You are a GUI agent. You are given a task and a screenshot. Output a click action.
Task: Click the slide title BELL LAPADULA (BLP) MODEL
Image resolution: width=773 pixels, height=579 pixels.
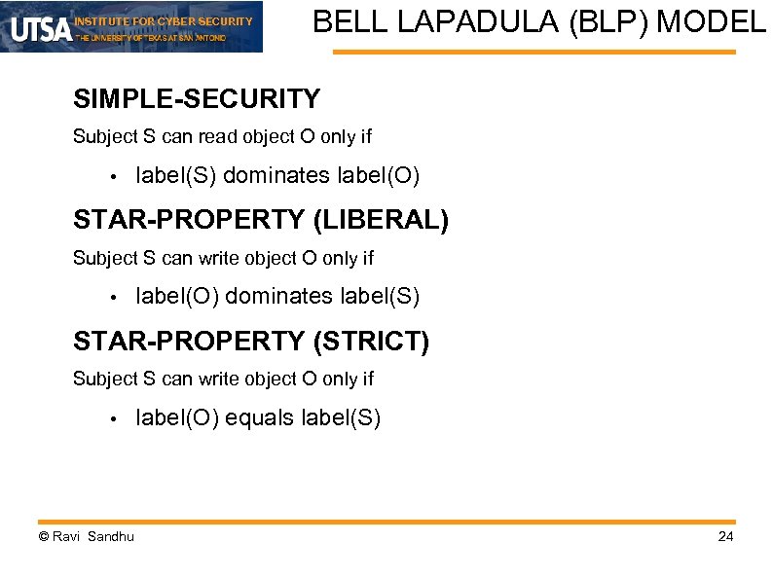click(539, 21)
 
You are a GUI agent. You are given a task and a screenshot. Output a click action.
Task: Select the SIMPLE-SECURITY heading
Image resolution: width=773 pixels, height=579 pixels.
click(196, 99)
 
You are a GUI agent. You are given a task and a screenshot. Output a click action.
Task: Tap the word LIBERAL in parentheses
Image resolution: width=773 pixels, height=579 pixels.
click(381, 220)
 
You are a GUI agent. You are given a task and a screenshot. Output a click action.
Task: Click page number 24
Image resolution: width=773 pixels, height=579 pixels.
click(725, 537)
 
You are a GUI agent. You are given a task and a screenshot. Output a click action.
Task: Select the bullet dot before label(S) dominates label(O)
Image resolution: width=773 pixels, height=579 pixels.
click(114, 177)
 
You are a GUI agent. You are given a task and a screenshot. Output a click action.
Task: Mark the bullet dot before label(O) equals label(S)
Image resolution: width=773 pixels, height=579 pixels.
click(114, 419)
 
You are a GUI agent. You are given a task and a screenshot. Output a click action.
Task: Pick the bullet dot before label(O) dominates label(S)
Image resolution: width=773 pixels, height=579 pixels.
click(114, 298)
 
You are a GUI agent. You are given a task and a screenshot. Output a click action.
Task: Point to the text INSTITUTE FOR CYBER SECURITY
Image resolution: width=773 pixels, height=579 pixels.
click(164, 20)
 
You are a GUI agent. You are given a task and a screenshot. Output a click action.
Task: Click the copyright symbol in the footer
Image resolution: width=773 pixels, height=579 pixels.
click(43, 537)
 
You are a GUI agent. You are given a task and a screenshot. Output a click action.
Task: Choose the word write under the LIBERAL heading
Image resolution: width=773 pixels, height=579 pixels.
click(220, 258)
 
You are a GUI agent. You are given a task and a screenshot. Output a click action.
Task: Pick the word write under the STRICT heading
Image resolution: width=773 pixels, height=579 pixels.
click(220, 379)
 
